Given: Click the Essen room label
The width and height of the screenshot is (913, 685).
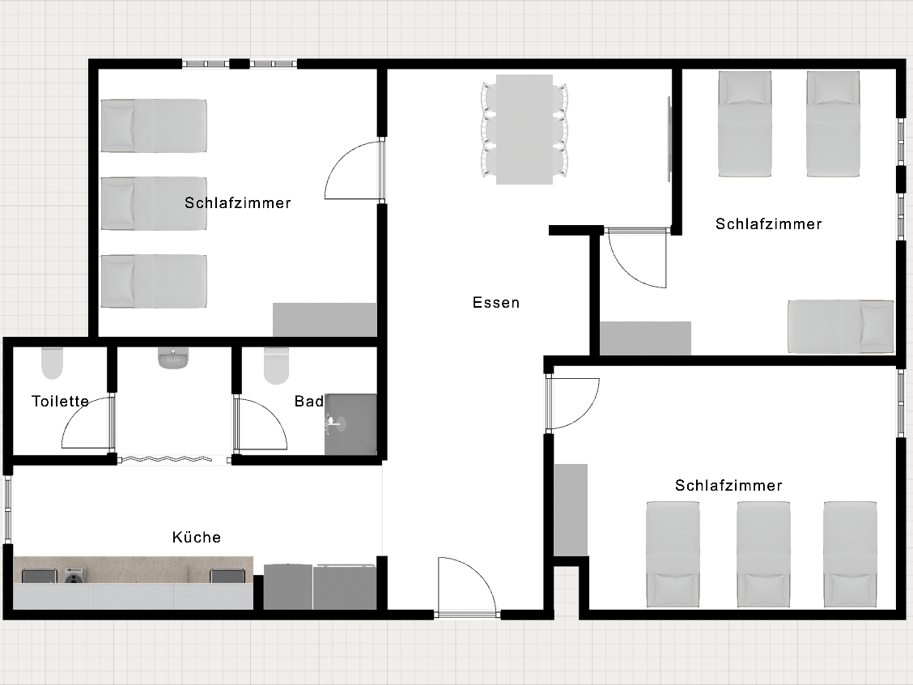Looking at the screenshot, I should pos(496,303).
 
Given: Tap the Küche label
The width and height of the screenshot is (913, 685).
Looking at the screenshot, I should pos(197,537).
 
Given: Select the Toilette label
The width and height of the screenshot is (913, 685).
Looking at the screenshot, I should pos(60,401).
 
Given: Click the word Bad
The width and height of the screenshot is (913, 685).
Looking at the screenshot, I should pos(309,401).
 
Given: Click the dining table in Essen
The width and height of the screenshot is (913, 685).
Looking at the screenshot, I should pos(524,130).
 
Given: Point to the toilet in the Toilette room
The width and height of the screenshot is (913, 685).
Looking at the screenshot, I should pos(52,364).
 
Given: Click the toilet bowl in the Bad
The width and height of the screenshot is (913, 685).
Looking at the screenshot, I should pos(277,365).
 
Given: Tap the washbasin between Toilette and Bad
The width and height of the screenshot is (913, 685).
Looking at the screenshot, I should pos(173,358).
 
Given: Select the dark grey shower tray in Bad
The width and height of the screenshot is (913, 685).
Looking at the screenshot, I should pos(351,424).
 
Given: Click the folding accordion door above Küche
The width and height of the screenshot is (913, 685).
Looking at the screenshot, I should pos(173,459).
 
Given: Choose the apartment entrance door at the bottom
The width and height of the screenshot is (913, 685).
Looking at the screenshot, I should pos(467,588).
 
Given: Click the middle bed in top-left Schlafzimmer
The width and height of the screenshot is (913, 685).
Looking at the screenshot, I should pos(154,204).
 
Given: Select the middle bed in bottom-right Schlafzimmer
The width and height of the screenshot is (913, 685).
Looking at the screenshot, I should pos(762,554).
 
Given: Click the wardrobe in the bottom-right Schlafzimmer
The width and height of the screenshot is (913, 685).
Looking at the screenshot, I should pos(571,510).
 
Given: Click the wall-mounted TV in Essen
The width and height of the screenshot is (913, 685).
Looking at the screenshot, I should pos(669,138).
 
